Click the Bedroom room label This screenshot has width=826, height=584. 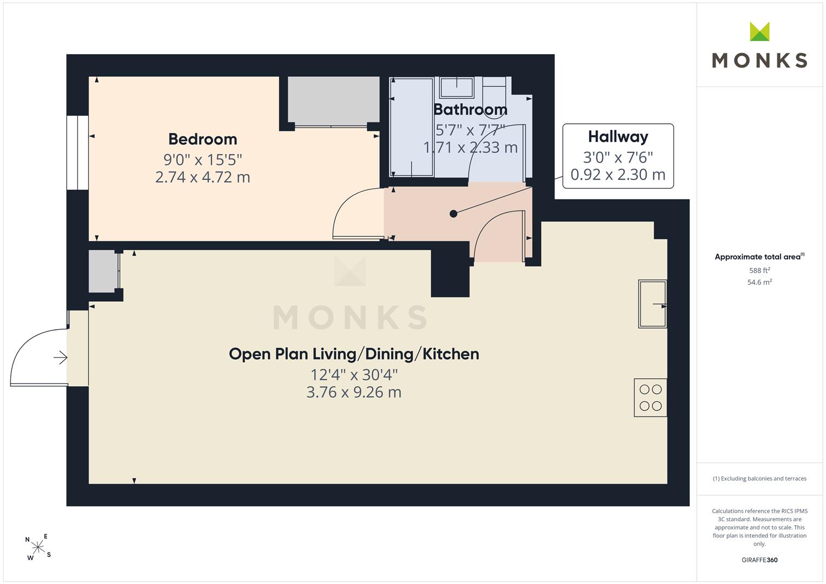click(x=202, y=139)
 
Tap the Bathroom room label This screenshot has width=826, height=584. click(x=470, y=109)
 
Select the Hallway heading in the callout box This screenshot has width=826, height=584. click(x=618, y=137)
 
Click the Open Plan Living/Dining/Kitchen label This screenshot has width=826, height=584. click(x=354, y=354)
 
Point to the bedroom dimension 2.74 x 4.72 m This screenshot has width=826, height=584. click(x=202, y=177)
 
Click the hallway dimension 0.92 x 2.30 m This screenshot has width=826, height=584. click(x=618, y=174)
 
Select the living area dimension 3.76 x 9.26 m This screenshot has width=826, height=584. click(x=354, y=392)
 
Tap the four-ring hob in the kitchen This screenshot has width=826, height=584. click(x=651, y=397)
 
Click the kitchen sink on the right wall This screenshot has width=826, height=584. click(x=653, y=304)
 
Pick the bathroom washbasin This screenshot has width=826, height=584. click(x=457, y=88)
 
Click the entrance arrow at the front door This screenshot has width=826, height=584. click(x=61, y=357)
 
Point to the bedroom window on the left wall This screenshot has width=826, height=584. click(x=77, y=152)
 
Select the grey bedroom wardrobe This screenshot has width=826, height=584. click(x=333, y=99)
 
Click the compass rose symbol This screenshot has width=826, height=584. click(x=38, y=547)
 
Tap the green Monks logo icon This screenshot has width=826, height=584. click(x=759, y=31)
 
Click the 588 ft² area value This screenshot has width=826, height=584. click(x=759, y=270)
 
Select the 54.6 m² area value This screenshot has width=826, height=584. click(x=759, y=282)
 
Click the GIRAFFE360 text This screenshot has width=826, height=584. click(x=759, y=560)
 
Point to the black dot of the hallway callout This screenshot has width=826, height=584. click(x=453, y=214)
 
